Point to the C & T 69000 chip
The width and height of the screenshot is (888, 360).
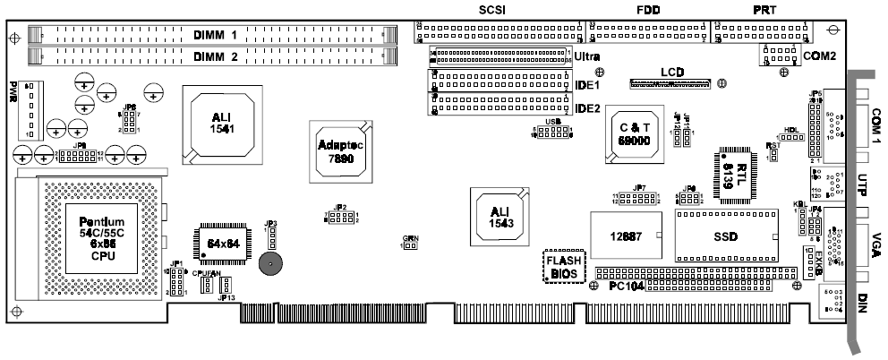[634, 136]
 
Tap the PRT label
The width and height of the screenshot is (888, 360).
[765, 10]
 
